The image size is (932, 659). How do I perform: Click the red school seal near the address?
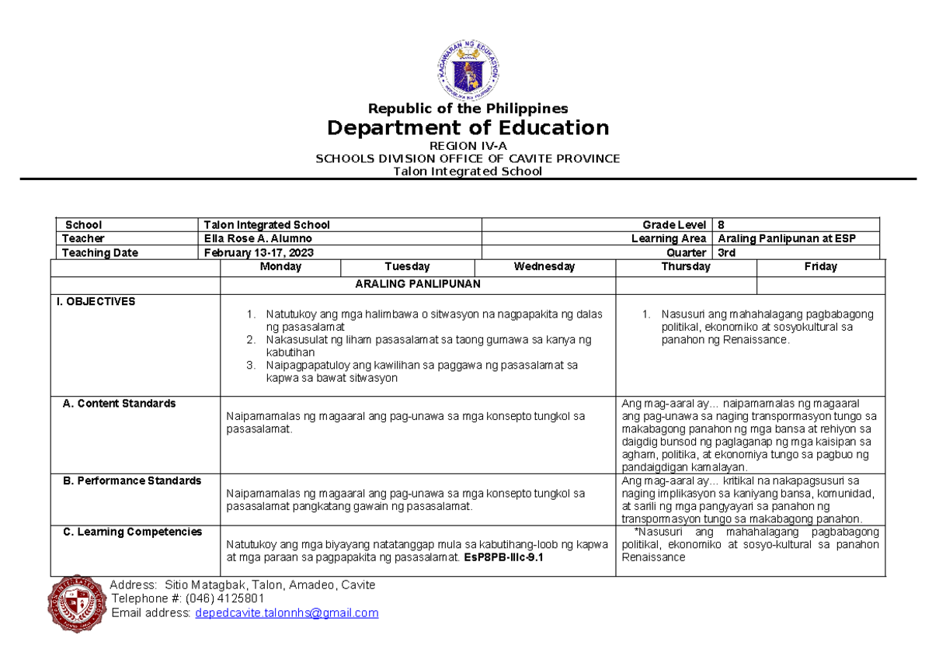(x=75, y=603)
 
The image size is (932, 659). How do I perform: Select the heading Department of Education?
(x=468, y=128)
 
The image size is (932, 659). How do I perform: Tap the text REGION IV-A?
(x=468, y=146)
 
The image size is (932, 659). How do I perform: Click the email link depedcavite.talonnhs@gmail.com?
(x=287, y=613)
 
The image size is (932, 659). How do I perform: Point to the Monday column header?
(x=280, y=267)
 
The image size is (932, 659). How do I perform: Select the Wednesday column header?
(x=544, y=267)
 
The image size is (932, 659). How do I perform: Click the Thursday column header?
(x=685, y=267)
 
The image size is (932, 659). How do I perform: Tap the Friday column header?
(x=820, y=267)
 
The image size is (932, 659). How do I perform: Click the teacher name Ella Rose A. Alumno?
(x=256, y=239)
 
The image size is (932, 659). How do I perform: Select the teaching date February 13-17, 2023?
(x=259, y=253)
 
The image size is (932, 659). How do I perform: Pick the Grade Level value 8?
(x=722, y=225)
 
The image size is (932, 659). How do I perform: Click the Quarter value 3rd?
(x=727, y=253)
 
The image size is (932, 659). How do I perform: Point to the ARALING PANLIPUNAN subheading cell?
(x=417, y=284)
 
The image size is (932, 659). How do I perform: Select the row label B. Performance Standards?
(x=131, y=481)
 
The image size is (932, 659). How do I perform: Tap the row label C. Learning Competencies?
(x=132, y=532)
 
